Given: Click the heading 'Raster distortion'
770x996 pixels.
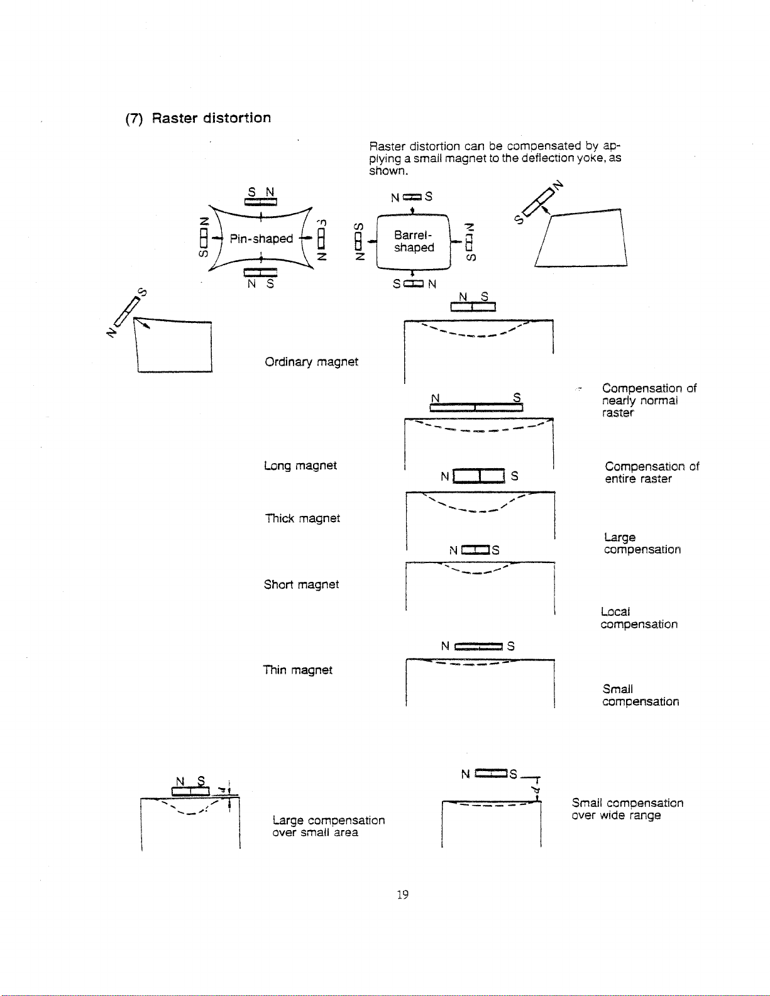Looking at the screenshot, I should tap(199, 118).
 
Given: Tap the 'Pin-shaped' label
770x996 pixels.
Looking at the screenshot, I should tap(261, 239).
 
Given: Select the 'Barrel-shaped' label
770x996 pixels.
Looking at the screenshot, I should tap(414, 241).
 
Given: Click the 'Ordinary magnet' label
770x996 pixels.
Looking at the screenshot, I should tap(311, 362).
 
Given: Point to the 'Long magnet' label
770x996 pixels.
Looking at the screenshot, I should tap(300, 466).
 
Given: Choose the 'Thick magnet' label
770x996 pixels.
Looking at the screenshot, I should tap(302, 518).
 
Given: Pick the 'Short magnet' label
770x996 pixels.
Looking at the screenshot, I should tap(301, 584).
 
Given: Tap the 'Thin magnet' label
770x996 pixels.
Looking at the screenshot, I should tap(297, 670).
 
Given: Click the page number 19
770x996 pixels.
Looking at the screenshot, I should tap(402, 894).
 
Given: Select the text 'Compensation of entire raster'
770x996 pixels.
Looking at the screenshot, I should tap(651, 473).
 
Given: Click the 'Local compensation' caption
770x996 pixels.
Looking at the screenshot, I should tap(639, 618).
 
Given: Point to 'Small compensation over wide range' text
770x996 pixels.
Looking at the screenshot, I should tap(627, 809).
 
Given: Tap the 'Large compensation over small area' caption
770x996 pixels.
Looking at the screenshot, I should tap(328, 826).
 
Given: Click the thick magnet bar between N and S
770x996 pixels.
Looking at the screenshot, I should tap(478, 476).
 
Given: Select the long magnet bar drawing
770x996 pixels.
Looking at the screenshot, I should tap(476, 408).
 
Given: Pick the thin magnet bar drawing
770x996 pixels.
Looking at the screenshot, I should tap(478, 646).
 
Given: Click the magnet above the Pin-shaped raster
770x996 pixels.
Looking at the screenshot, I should tap(261, 202).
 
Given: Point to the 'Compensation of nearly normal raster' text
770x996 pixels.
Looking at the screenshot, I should tap(649, 400).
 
